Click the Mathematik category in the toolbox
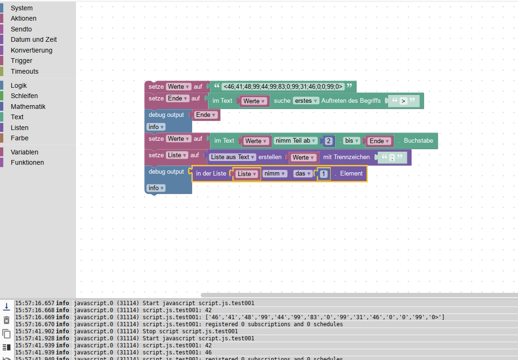28,107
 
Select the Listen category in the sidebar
20,128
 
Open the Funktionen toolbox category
27,162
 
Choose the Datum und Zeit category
34,39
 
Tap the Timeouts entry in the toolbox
24,71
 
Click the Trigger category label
22,61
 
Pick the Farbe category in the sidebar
20,138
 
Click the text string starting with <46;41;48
283,86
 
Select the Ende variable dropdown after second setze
178,99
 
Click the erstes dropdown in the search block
306,101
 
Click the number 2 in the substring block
329,141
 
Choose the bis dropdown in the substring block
351,141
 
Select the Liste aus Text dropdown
233,157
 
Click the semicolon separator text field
391,158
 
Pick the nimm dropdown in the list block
275,174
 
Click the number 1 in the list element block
324,174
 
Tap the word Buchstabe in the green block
418,140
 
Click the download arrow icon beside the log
7,306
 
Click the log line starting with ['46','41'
293,317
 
